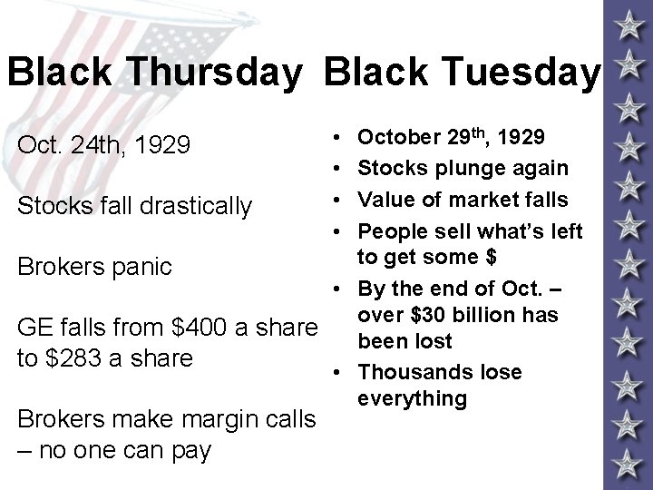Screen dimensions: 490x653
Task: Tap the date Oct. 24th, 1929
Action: (104, 143)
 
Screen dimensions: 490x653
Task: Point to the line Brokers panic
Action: (93, 266)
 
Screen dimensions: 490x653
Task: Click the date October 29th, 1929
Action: (451, 137)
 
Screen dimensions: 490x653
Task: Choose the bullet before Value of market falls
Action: (336, 200)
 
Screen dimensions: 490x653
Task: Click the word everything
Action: (412, 398)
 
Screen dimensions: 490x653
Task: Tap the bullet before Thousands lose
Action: (336, 372)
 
